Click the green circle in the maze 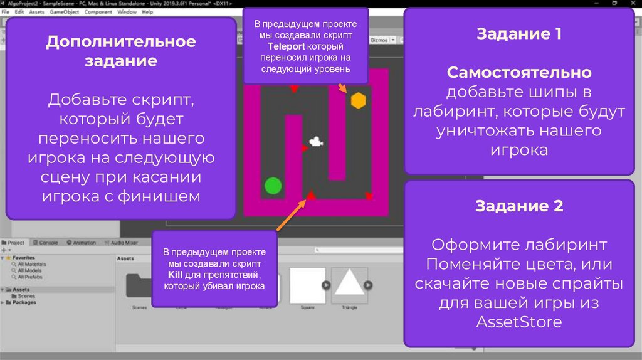tap(273, 186)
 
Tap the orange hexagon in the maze tap(358, 100)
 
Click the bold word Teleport tap(287, 47)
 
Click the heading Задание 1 tap(519, 34)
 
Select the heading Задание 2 tap(519, 206)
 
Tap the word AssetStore tap(518, 323)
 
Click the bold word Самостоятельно tap(519, 73)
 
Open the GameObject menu tap(65, 12)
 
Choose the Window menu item tap(127, 12)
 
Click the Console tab tap(48, 243)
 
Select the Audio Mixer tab tap(124, 243)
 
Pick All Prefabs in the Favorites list tap(30, 277)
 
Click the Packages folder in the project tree tap(24, 302)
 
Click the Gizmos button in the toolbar tap(380, 39)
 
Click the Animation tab tap(84, 243)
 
